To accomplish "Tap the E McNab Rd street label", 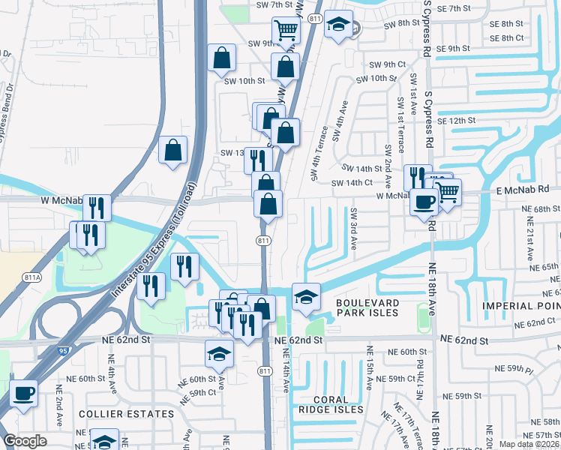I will point(523,190).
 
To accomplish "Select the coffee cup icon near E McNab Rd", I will point(424,202).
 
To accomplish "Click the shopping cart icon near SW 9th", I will point(286,31).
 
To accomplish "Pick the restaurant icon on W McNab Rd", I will point(97,207).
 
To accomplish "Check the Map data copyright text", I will point(527,444).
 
